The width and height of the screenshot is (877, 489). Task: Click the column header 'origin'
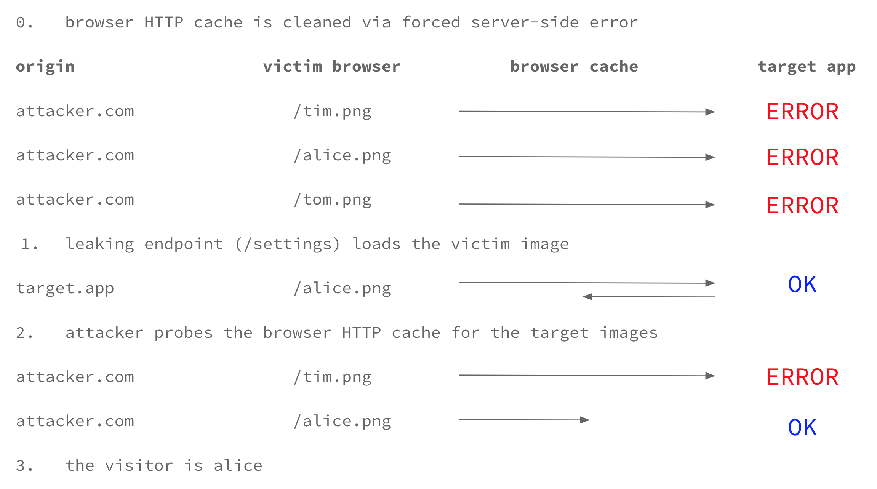point(45,67)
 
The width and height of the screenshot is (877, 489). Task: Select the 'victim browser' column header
point(332,66)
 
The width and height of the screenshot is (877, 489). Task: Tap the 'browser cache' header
point(574,66)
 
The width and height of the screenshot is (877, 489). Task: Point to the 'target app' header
point(807,67)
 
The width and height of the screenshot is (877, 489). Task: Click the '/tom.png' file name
point(333,200)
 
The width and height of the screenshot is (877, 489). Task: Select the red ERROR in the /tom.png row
point(803,206)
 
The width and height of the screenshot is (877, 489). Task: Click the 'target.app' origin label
point(65,288)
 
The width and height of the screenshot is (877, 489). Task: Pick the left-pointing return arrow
point(649,297)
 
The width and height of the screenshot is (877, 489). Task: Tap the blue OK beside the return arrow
point(802,284)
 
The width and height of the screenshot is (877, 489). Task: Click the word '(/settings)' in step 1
point(288,244)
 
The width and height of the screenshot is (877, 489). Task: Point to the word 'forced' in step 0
point(431,22)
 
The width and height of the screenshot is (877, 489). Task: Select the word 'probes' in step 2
point(184,333)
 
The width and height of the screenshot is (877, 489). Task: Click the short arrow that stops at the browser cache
point(524,420)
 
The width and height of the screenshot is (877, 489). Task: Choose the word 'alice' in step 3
point(238,465)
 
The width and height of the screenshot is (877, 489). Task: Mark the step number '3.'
point(25,466)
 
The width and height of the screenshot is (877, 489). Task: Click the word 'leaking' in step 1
point(100,244)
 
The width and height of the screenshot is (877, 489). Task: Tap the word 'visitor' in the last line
point(139,465)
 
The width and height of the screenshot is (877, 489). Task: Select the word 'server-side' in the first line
point(525,22)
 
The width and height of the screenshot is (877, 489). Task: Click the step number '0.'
point(25,22)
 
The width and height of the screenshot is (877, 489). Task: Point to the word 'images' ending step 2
point(629,333)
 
